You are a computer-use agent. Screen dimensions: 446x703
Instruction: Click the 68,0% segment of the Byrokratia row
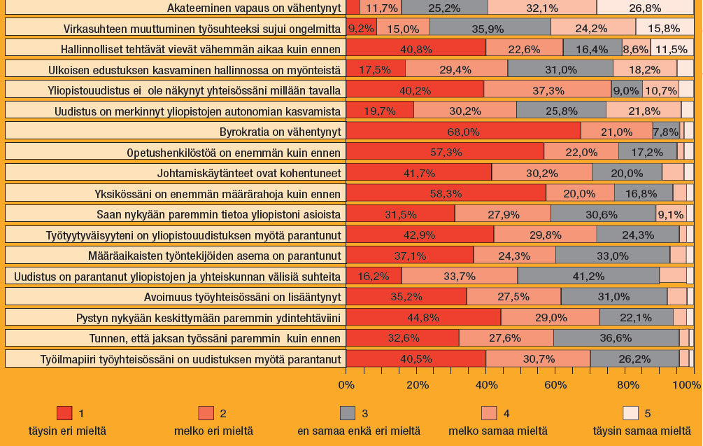(463, 131)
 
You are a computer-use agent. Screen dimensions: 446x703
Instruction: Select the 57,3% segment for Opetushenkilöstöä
(445, 152)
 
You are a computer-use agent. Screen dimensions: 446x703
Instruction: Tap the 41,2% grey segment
(588, 275)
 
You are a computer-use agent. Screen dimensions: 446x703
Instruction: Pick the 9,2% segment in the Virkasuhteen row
(361, 28)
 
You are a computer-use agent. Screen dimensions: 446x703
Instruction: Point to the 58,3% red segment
(446, 193)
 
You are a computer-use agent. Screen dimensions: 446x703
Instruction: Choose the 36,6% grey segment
(616, 338)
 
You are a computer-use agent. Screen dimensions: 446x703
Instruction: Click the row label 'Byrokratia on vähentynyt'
(280, 132)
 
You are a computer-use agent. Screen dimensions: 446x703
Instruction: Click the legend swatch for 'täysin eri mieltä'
(64, 413)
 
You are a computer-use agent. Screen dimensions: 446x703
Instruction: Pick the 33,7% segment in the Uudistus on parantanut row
(459, 275)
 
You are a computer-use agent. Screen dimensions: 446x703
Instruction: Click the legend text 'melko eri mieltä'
(213, 430)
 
